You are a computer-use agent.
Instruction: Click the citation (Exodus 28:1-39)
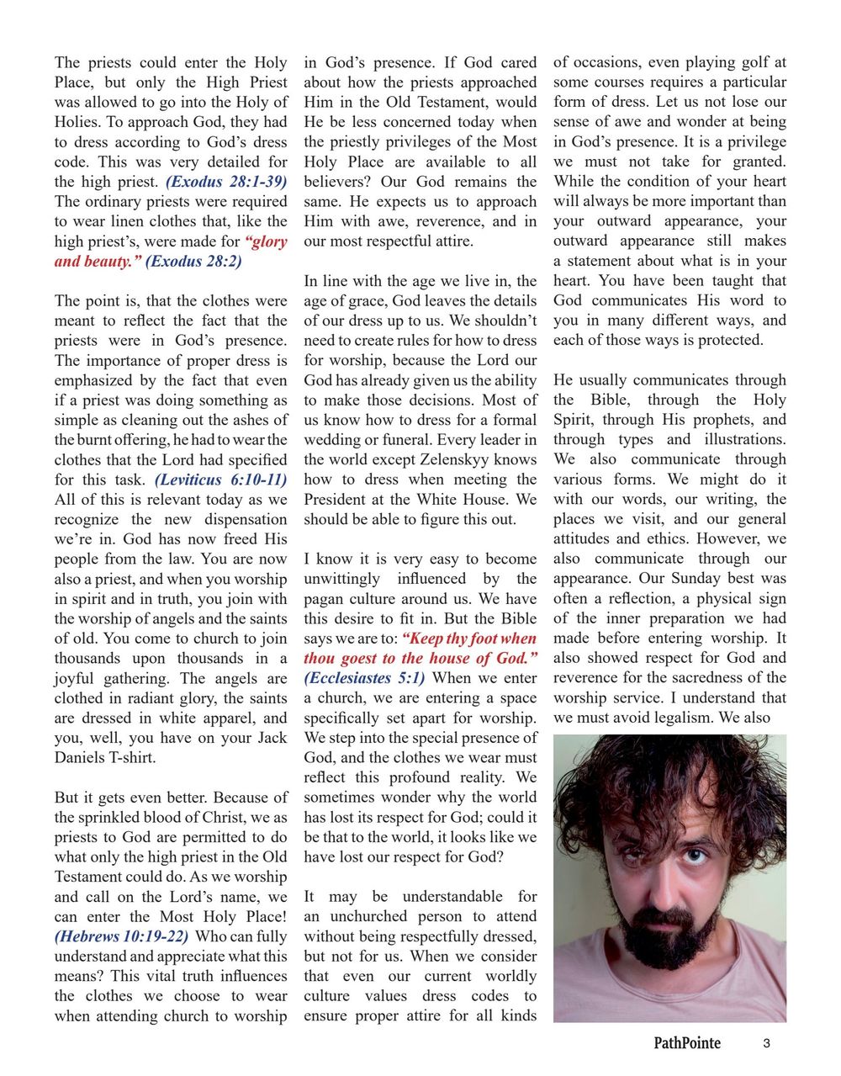click(x=226, y=182)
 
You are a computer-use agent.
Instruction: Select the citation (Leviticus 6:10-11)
click(x=220, y=480)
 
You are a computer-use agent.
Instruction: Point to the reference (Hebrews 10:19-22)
click(x=121, y=937)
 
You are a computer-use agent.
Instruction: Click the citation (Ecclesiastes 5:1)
click(x=364, y=678)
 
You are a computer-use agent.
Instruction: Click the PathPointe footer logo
click(x=687, y=1043)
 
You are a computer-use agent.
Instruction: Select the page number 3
click(x=766, y=1044)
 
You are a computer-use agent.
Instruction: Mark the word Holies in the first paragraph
click(x=77, y=122)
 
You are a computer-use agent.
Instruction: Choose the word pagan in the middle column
click(x=325, y=599)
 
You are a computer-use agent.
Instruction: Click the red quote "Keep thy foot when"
click(x=469, y=639)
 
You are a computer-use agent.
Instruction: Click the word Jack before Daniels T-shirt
click(x=272, y=738)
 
